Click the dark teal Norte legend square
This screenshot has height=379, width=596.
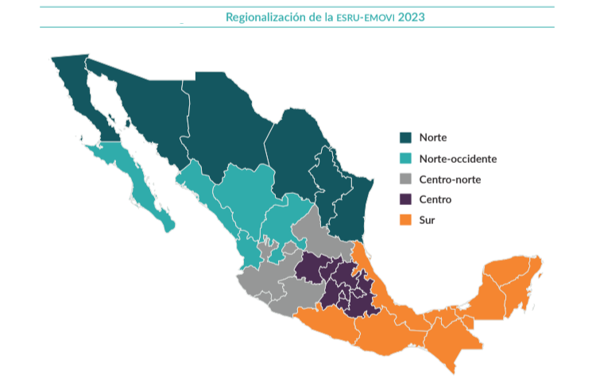[405, 137]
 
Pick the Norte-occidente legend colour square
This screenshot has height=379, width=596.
[405, 158]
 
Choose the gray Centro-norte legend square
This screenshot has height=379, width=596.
[405, 179]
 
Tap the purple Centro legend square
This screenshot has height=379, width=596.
[405, 199]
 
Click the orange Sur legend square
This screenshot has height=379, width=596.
[405, 219]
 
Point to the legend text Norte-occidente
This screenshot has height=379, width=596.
[458, 158]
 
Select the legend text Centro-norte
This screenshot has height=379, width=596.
[450, 179]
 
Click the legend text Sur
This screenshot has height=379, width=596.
[427, 219]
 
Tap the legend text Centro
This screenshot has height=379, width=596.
[435, 199]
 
